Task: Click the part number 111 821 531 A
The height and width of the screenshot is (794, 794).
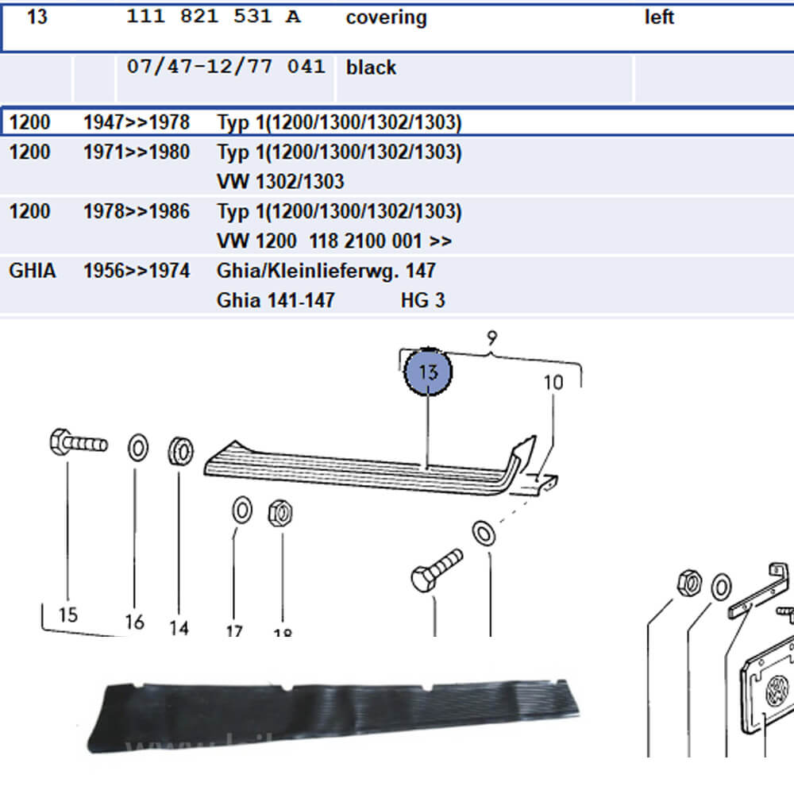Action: click(x=214, y=17)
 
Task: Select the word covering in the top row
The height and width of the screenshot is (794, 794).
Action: click(x=386, y=17)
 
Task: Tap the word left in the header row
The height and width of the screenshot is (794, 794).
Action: click(x=659, y=17)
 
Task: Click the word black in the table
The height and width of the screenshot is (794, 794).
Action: click(x=371, y=67)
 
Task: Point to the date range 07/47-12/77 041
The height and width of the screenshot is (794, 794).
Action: click(x=225, y=67)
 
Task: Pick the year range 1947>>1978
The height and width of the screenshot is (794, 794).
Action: click(x=137, y=122)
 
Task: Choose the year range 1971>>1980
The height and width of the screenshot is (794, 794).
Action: click(x=137, y=152)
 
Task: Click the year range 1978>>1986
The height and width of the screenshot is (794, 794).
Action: click(x=137, y=211)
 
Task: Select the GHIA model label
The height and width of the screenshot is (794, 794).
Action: click(x=33, y=271)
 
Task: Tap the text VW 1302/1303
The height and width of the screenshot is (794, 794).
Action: click(x=280, y=181)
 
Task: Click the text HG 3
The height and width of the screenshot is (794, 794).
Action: click(x=423, y=300)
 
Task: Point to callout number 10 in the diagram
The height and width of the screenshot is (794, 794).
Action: click(x=553, y=383)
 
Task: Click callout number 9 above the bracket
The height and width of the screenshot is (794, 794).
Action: click(x=492, y=339)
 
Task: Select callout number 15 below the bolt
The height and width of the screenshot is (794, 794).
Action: click(x=67, y=614)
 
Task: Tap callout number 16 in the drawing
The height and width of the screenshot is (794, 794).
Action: click(x=134, y=622)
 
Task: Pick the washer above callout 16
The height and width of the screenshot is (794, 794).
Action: click(x=137, y=449)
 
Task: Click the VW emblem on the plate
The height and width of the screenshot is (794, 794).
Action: click(x=776, y=690)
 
